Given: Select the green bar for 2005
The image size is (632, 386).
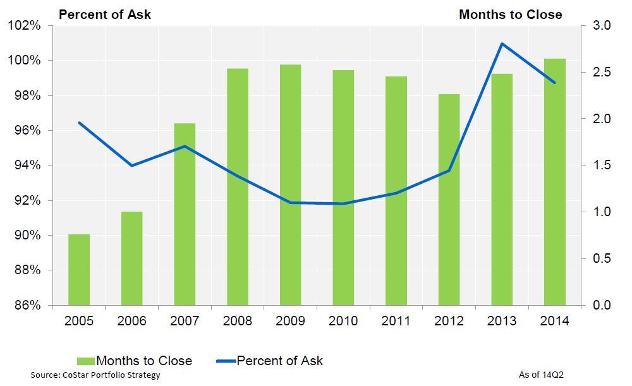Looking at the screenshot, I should coord(79,270).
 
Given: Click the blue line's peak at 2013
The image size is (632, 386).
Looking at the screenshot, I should coord(502,44).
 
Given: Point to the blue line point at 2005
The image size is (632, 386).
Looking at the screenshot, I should coord(79,123).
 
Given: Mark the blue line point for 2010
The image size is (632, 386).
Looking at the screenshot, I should coord(343,203).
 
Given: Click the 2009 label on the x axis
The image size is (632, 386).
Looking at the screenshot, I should coord(290,321).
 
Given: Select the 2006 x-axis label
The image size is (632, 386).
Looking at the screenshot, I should coord(131,321).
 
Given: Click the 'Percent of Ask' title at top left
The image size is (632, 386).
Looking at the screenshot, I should coord(105,14).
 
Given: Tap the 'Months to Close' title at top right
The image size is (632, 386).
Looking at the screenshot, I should coord(510,14).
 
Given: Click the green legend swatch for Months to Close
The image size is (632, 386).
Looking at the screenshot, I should coord(85,361).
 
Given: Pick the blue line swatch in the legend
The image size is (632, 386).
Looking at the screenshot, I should coord(226,361).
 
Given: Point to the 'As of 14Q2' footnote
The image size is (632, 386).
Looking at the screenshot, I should coord(541,375).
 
